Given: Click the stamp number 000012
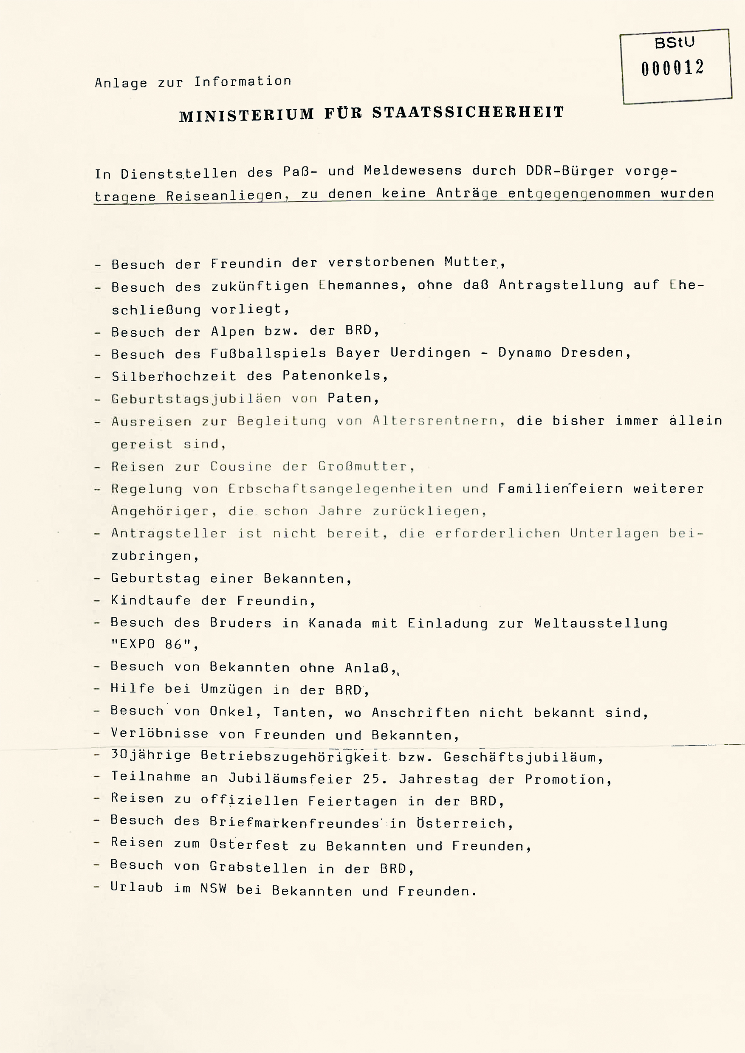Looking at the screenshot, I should click(x=672, y=68).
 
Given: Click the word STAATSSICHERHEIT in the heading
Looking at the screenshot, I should click(x=468, y=113).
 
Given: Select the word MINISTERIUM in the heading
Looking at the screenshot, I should click(x=246, y=115).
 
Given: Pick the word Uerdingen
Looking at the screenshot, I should click(x=430, y=353).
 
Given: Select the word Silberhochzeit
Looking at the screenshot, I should click(x=174, y=376).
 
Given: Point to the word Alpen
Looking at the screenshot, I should click(x=232, y=332).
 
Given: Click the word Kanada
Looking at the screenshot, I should click(x=334, y=623).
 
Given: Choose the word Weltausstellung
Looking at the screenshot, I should click(x=601, y=623).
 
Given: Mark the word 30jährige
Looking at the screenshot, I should click(x=150, y=755).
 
